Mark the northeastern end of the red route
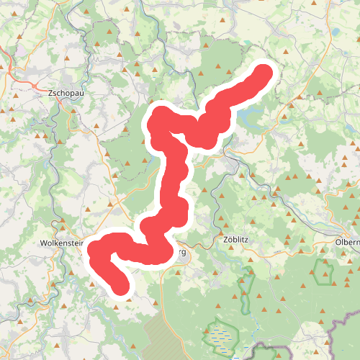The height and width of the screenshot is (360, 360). coord(264,73)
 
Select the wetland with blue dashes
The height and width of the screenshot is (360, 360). coord(222,336)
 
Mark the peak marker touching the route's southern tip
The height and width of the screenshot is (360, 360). coord(129,289)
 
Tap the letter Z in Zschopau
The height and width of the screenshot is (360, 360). coord(50,94)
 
